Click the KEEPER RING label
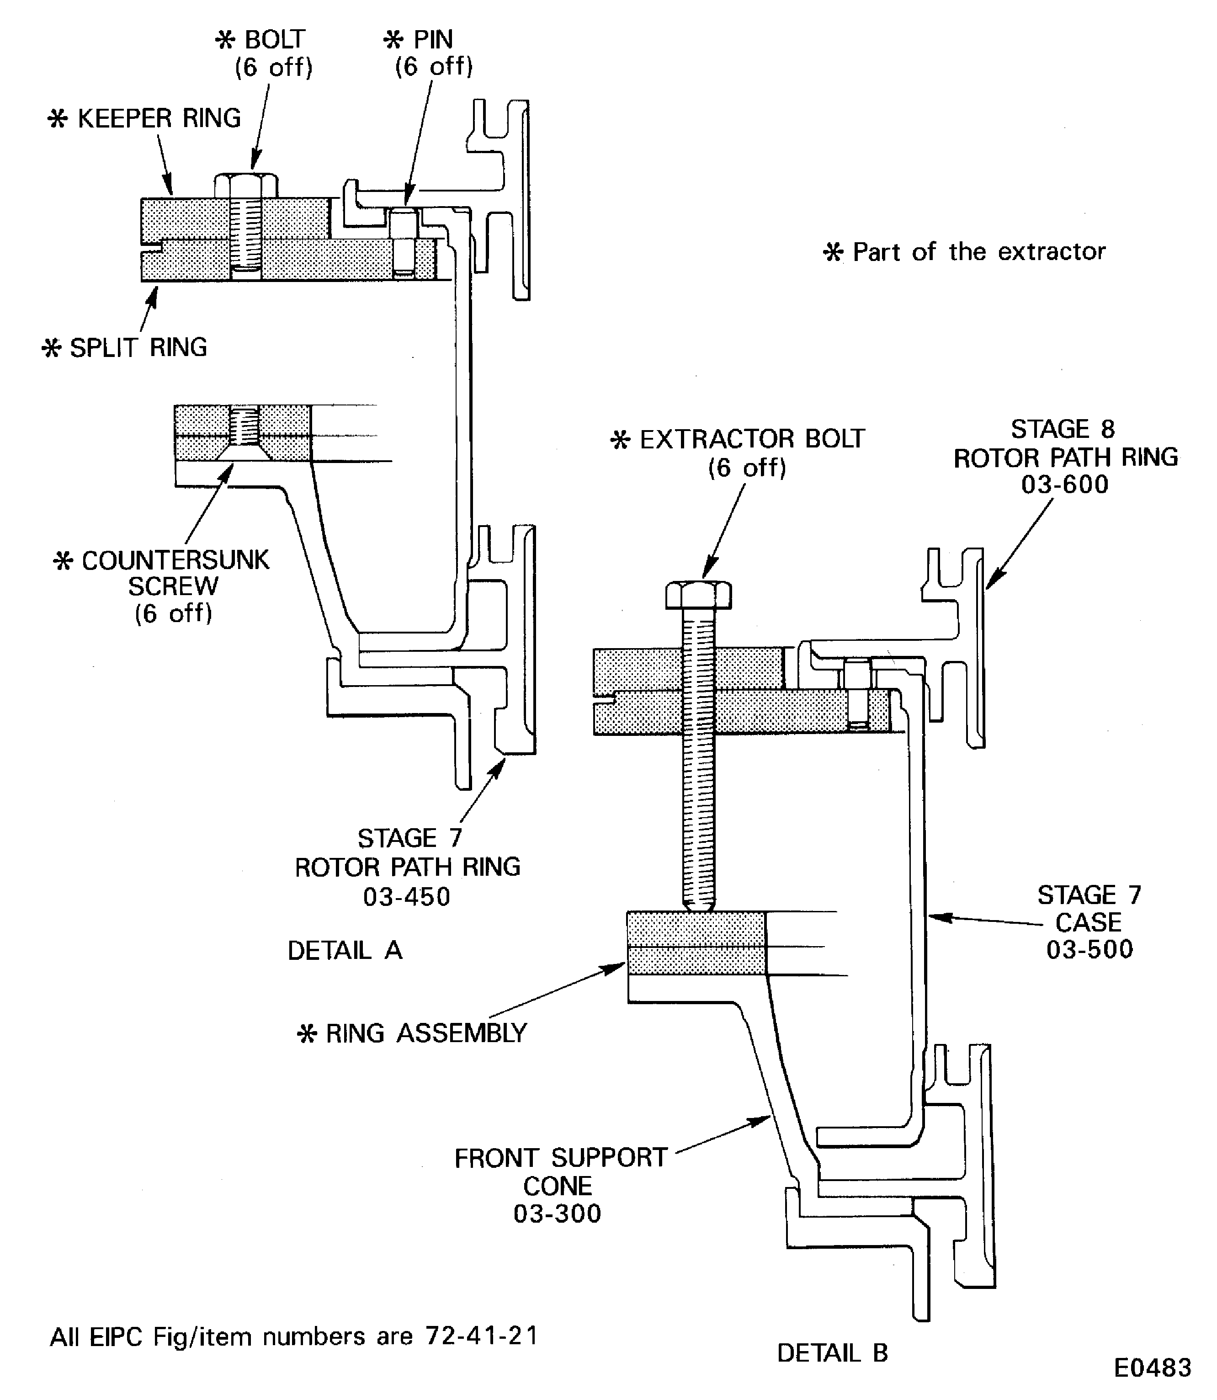point(158,119)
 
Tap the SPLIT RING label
point(138,348)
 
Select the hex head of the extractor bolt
point(698,595)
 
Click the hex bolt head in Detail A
point(246,185)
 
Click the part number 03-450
point(406,897)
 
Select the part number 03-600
point(1064,484)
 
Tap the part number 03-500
point(1089,950)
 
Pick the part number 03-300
point(557,1214)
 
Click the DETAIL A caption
point(345,950)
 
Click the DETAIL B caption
point(833,1353)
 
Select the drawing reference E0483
point(1153,1368)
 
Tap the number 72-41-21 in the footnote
point(482,1336)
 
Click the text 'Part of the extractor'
point(978,252)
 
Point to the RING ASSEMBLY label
point(426,1033)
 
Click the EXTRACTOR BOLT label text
point(752,440)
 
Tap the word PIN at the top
point(433,39)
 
